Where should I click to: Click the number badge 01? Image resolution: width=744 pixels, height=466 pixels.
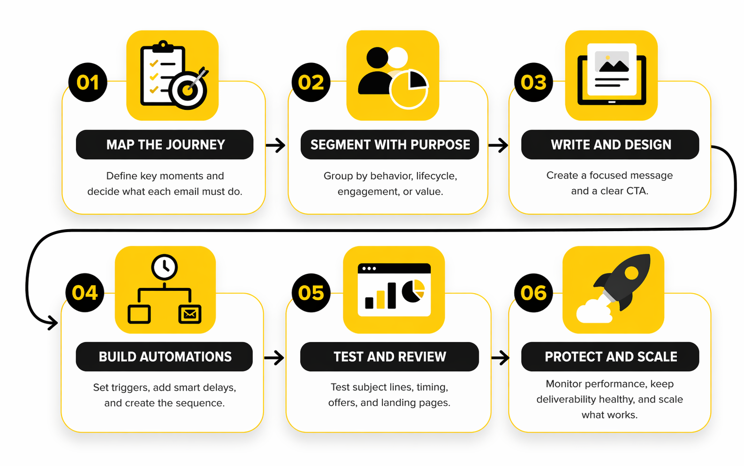(88, 83)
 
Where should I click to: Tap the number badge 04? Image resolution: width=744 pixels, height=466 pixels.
(85, 293)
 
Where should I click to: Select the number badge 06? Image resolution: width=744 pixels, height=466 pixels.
(533, 293)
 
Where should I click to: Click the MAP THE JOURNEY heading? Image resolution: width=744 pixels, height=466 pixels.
(165, 145)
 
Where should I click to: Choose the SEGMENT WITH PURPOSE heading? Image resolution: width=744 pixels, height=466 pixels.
(390, 145)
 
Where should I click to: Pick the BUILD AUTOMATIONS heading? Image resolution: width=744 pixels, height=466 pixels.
(165, 357)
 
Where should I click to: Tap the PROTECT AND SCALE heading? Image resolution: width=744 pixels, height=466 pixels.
(610, 357)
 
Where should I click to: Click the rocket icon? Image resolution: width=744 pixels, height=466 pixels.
(622, 282)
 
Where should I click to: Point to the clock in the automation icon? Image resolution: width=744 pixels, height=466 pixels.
(164, 267)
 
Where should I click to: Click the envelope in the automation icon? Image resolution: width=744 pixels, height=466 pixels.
(190, 314)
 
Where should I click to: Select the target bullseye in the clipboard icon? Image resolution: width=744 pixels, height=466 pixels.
(188, 90)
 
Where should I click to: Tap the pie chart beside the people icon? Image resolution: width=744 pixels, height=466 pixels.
(409, 89)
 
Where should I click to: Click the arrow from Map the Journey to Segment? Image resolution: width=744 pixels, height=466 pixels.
(276, 145)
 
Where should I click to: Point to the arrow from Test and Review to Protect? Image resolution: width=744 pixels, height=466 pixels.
(501, 357)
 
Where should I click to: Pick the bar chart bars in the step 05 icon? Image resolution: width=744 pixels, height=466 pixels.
(380, 297)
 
